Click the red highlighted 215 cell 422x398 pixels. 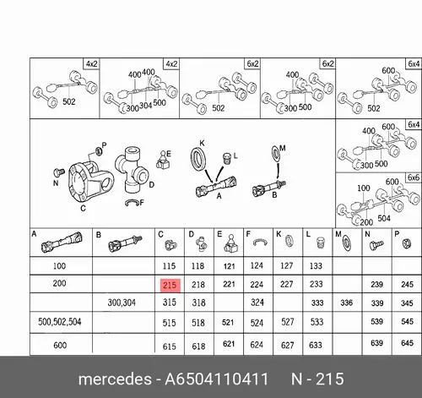pos(170,286)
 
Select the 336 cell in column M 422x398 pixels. pos(346,303)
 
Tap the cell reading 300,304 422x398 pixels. pos(122,303)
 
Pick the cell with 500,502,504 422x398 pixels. pos(60,322)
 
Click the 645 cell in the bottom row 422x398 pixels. pos(407,343)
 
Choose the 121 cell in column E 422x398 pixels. pos(229,266)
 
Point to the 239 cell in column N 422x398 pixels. pos(376,285)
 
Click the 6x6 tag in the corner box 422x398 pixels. pos(414,177)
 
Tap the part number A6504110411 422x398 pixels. pos(216,379)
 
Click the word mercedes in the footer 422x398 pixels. pos(115,379)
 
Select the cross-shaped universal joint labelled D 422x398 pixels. pos(131,170)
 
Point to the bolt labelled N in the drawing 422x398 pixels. pos(58,172)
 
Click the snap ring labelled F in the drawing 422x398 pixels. pos(132,202)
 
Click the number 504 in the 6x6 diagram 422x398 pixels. pos(384,218)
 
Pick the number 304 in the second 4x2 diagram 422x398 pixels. pos(146,106)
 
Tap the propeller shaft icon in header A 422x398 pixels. pos(62,243)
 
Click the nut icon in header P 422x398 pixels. pos(406,243)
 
